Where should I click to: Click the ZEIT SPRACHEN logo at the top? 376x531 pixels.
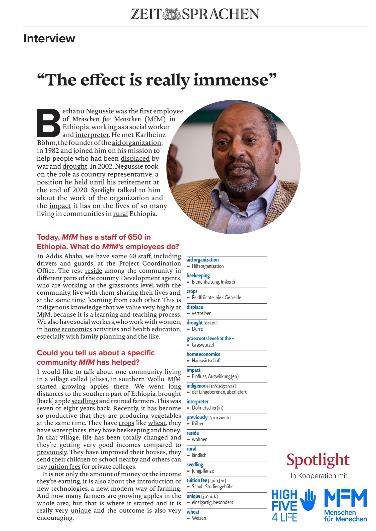(x=195, y=14)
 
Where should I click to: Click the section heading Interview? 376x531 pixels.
(x=49, y=38)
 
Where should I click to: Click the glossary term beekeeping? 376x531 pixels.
(x=198, y=276)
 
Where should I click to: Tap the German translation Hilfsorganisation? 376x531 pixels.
(x=207, y=266)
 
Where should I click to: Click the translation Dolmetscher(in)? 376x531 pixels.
(x=207, y=408)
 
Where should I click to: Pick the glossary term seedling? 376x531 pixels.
(x=195, y=464)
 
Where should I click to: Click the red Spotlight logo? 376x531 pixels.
(x=318, y=460)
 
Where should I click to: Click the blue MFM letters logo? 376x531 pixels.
(x=345, y=498)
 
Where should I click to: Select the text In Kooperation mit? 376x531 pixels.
(x=319, y=476)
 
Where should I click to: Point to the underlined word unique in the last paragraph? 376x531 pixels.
(x=81, y=511)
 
